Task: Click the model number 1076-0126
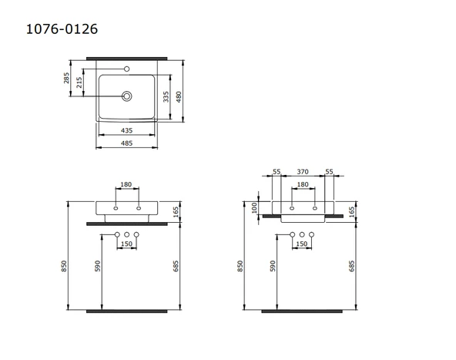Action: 62,29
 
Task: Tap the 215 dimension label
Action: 81,84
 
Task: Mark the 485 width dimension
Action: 127,143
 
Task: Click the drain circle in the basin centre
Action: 127,97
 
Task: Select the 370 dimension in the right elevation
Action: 303,172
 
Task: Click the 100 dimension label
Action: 254,207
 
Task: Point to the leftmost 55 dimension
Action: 277,172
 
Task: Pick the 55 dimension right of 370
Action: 329,172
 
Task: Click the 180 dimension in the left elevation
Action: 126,185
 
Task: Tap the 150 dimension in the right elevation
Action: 303,244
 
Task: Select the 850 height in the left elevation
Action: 65,264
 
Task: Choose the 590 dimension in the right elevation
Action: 272,265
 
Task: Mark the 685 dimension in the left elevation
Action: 176,265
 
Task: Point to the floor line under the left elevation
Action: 126,311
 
